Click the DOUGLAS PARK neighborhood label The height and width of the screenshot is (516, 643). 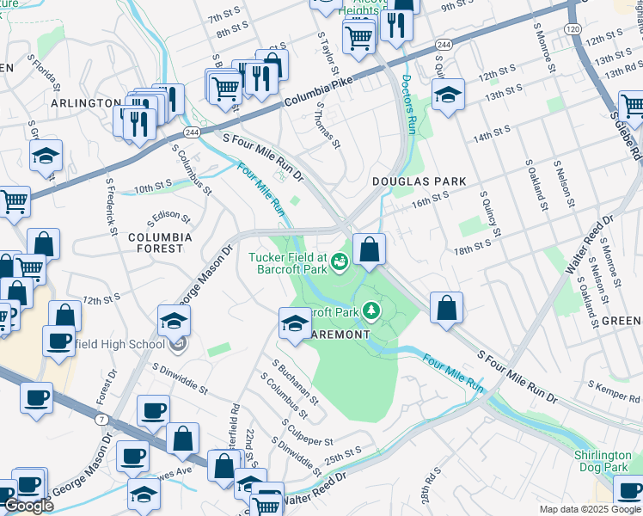pyautogui.click(x=419, y=181)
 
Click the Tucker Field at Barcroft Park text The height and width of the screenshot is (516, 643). pyautogui.click(x=288, y=262)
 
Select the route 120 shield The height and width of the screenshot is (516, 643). pyautogui.click(x=573, y=29)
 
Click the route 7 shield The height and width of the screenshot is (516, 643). pyautogui.click(x=101, y=418)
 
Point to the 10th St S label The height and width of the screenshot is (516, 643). pyautogui.click(x=153, y=186)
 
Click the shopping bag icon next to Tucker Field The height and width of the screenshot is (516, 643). pyautogui.click(x=369, y=249)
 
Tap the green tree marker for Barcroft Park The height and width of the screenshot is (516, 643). pyautogui.click(x=370, y=308)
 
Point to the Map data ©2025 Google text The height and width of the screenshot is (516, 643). pyautogui.click(x=589, y=509)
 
